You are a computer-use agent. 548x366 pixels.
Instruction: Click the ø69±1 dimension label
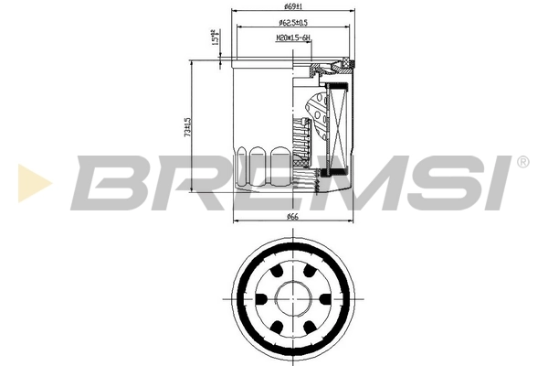click(x=293, y=8)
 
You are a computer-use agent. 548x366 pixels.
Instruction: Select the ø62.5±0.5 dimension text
click(x=293, y=22)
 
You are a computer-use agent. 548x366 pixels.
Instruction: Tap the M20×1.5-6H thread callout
click(x=293, y=38)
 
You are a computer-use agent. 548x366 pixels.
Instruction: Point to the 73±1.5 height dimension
click(x=187, y=128)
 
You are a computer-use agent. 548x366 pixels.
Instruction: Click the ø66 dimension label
click(x=293, y=216)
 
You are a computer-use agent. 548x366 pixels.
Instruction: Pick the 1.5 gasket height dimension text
click(x=216, y=40)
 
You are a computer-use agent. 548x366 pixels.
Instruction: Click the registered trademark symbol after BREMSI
click(x=522, y=162)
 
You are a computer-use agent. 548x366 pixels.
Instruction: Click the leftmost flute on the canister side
click(x=243, y=165)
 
